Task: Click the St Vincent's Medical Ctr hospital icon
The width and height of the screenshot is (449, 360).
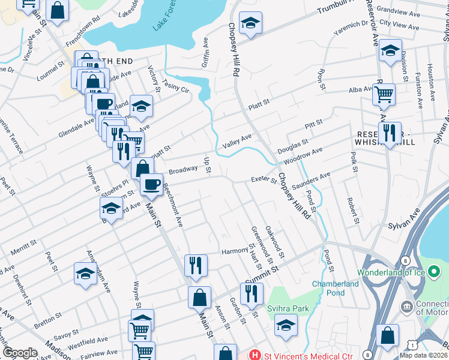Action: tap(256, 355)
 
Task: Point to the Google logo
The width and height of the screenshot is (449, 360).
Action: tap(20, 353)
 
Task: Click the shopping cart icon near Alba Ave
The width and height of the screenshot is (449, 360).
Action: tap(384, 94)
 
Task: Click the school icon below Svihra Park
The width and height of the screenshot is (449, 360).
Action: tap(286, 326)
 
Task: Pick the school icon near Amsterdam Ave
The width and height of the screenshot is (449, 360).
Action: tap(85, 274)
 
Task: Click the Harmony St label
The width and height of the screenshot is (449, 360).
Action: tap(235, 251)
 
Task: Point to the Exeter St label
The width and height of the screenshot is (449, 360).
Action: tap(263, 179)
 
